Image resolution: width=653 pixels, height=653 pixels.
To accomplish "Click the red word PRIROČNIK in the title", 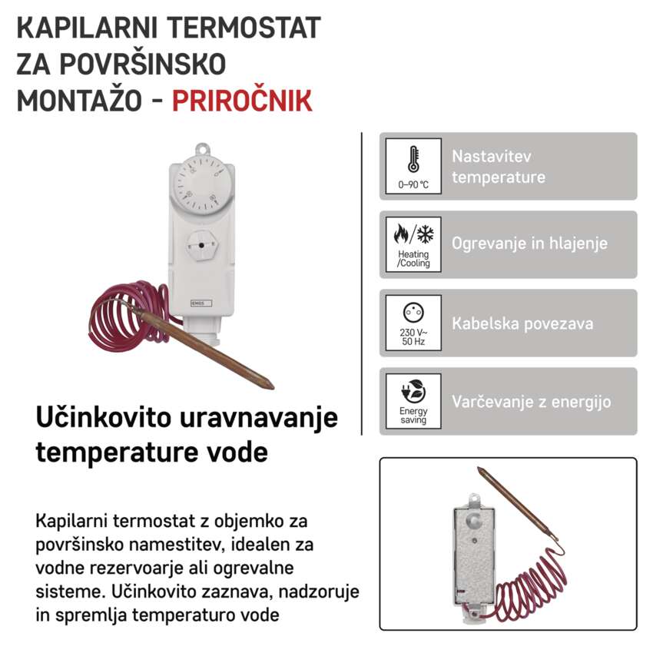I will pyautogui.click(x=242, y=101).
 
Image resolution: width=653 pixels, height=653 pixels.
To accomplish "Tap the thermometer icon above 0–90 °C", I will pyautogui.click(x=413, y=158).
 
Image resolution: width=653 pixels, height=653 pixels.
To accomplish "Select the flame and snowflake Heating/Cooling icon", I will pyautogui.click(x=413, y=234).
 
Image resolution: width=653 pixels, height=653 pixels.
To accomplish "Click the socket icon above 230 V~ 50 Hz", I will pyautogui.click(x=413, y=312).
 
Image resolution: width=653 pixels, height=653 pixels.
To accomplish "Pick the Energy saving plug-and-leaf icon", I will pyautogui.click(x=413, y=390).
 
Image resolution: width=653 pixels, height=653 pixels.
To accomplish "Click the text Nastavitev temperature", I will pyautogui.click(x=499, y=167).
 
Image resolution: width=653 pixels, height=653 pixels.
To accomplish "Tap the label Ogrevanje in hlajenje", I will pyautogui.click(x=529, y=244).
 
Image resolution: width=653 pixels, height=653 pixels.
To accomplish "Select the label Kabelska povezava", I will pyautogui.click(x=522, y=323).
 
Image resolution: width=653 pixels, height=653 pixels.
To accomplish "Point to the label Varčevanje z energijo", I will pyautogui.click(x=531, y=402).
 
